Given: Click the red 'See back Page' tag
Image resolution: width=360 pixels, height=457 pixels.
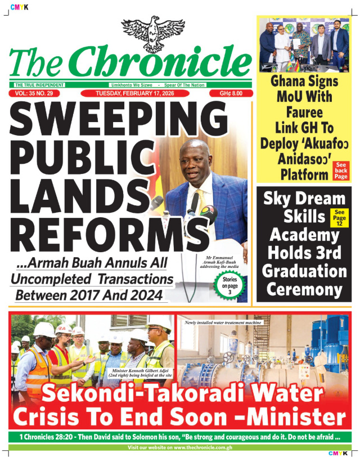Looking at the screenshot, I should pyautogui.click(x=341, y=170).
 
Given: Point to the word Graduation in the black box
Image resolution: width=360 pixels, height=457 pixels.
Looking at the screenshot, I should pyautogui.click(x=304, y=271).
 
